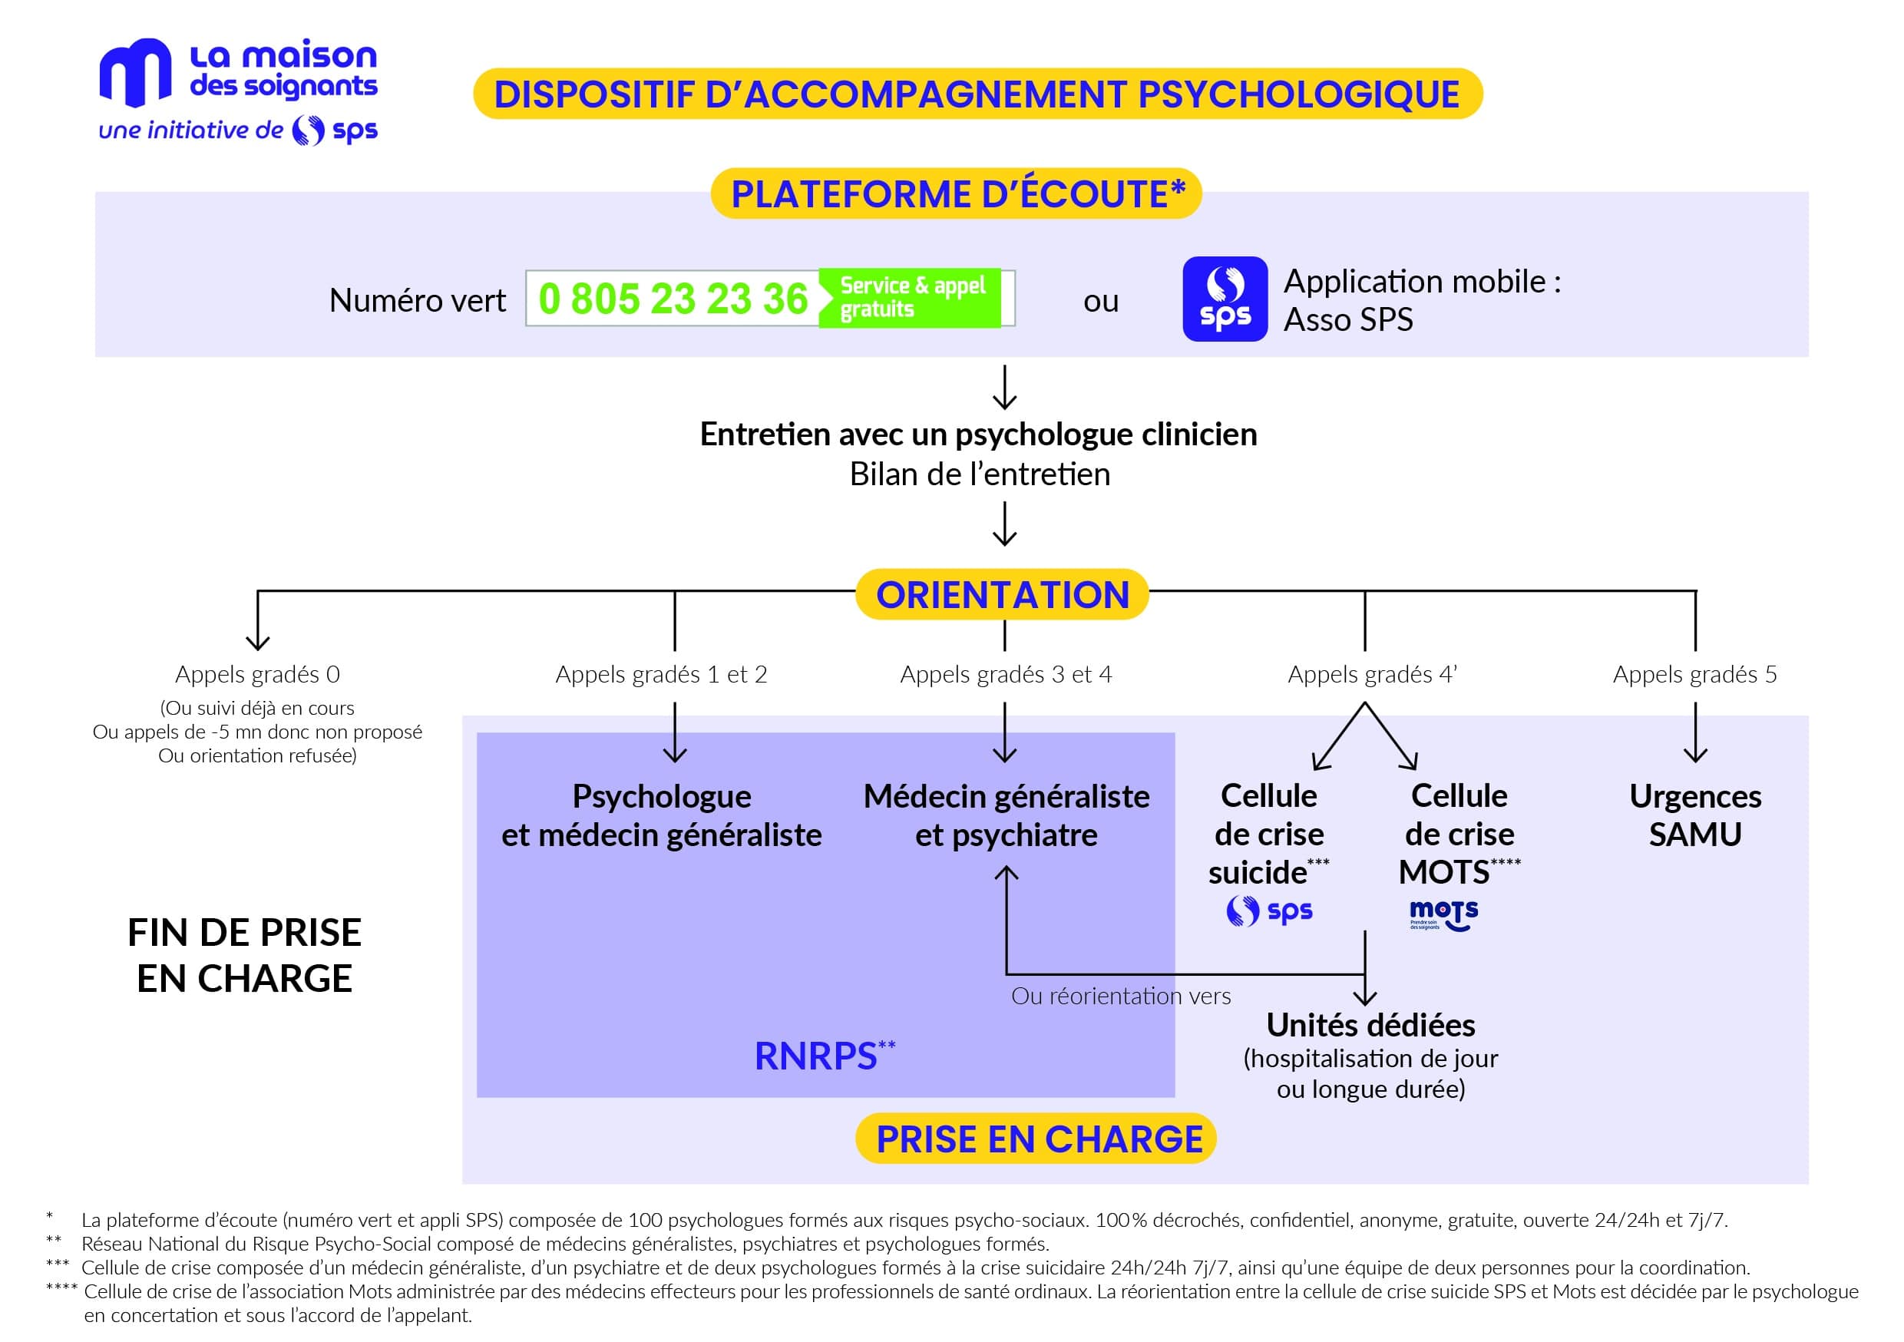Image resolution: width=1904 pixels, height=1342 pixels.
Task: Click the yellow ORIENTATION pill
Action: tap(1002, 594)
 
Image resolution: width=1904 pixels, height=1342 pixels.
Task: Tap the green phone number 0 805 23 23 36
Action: tap(673, 299)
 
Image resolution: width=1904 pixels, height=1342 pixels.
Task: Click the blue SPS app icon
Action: tap(1225, 299)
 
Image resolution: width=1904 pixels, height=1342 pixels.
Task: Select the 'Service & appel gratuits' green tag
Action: tap(910, 298)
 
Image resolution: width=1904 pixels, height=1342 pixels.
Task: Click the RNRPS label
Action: tap(825, 1055)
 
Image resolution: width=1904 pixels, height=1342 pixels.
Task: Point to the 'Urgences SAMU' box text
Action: tap(1695, 815)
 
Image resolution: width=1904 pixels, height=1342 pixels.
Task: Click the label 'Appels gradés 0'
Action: tap(257, 674)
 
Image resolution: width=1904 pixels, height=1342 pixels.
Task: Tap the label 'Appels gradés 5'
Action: tap(1694, 674)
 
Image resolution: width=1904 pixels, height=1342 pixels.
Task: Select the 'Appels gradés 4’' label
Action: tap(1372, 674)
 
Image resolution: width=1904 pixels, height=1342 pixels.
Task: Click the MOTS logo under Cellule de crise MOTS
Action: tap(1444, 916)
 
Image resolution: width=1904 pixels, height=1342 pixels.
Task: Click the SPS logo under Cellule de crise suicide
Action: tap(1269, 911)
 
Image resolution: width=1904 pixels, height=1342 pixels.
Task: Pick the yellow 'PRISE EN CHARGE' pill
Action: tap(1036, 1138)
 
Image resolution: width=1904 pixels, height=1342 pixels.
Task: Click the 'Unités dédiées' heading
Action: tap(1370, 1025)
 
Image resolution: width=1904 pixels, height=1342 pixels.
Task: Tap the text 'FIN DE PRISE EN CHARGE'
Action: tap(245, 954)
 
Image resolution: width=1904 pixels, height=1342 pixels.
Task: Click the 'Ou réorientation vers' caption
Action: tap(1120, 995)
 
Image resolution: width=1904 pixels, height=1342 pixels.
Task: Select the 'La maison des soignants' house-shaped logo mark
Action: tap(135, 73)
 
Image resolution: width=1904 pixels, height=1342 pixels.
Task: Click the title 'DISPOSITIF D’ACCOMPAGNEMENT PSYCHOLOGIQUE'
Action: tap(977, 94)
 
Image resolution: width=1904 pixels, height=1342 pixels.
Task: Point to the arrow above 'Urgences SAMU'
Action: tap(1695, 732)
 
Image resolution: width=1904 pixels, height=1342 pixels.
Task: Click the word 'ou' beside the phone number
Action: tap(1100, 301)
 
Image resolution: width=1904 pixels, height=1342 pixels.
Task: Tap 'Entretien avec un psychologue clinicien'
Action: tap(979, 434)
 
